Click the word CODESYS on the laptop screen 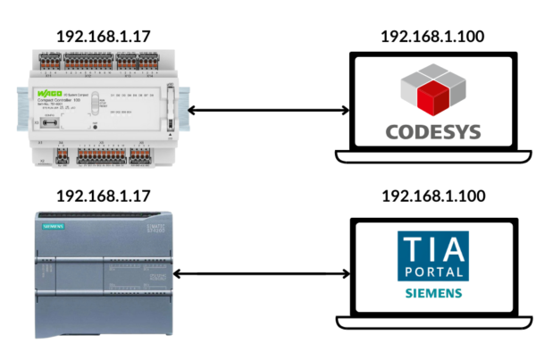tap(433, 132)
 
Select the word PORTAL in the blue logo tap(433, 271)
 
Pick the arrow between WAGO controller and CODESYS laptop tap(268, 110)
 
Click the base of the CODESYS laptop tap(433, 159)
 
